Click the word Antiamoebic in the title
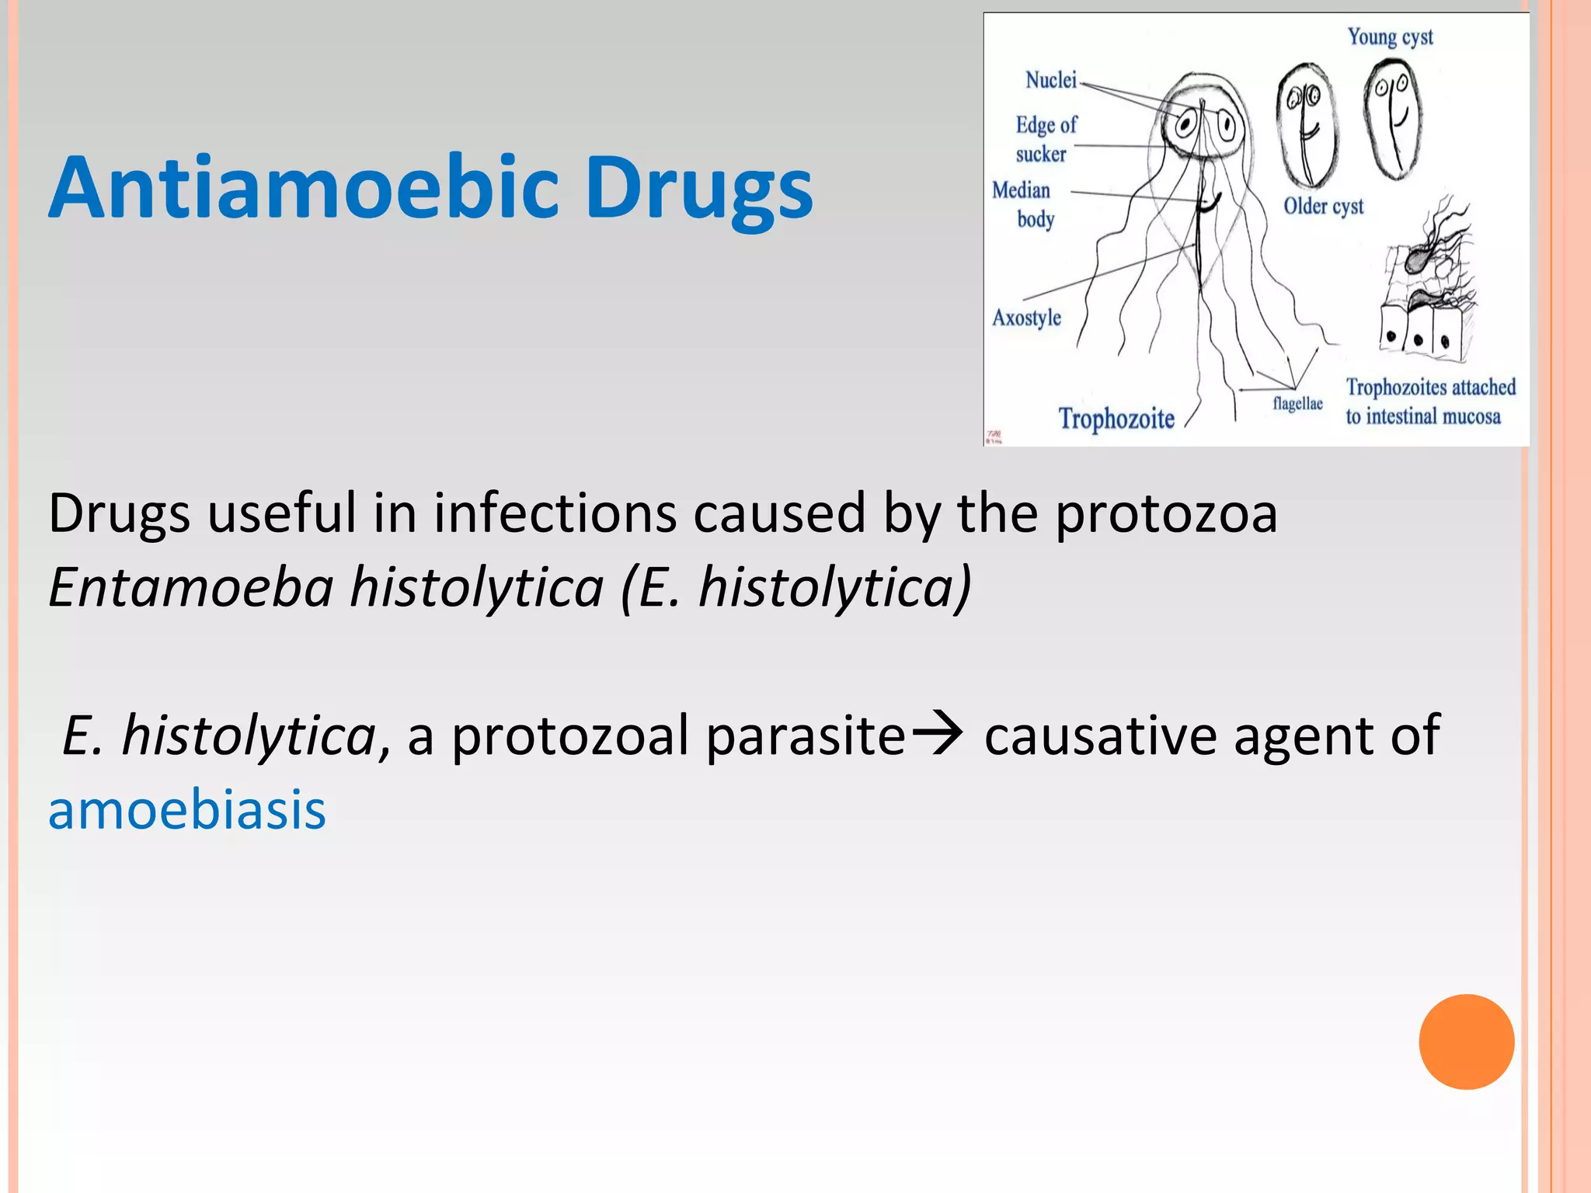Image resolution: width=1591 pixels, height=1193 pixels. point(303,189)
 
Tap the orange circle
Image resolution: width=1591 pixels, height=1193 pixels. point(1466,1042)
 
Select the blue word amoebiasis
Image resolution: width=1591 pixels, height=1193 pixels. point(187,810)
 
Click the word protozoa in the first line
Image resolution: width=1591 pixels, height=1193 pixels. point(1165,514)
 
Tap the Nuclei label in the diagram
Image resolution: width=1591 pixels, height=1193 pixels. point(1051,80)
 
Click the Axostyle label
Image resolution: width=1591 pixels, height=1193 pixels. point(1026,318)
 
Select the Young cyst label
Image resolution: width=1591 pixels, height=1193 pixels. point(1390,37)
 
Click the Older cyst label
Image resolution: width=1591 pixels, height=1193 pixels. point(1323,207)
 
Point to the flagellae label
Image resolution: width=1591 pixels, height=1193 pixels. point(1297,404)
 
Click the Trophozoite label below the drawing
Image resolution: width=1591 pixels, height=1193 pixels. point(1116,419)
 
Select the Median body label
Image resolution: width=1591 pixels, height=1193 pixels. point(1024,204)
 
